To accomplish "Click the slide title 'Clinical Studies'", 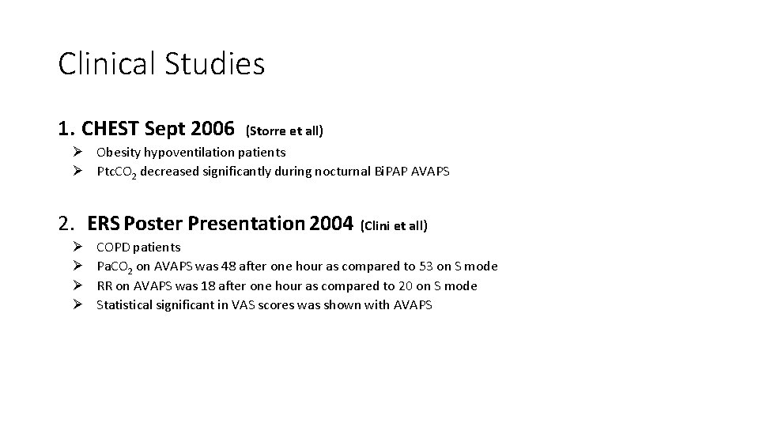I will pyautogui.click(x=161, y=64).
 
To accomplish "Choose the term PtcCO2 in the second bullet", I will pyautogui.click(x=116, y=172).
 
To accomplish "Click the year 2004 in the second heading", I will pyautogui.click(x=331, y=224).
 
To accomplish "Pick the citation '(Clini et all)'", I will pyautogui.click(x=394, y=226).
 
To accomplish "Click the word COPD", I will pyautogui.click(x=114, y=248).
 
